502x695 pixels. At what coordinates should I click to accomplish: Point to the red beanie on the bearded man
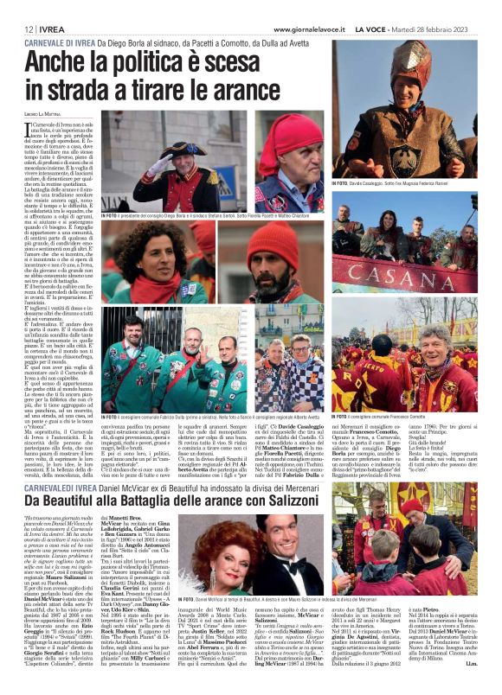pyautogui.click(x=272, y=239)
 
